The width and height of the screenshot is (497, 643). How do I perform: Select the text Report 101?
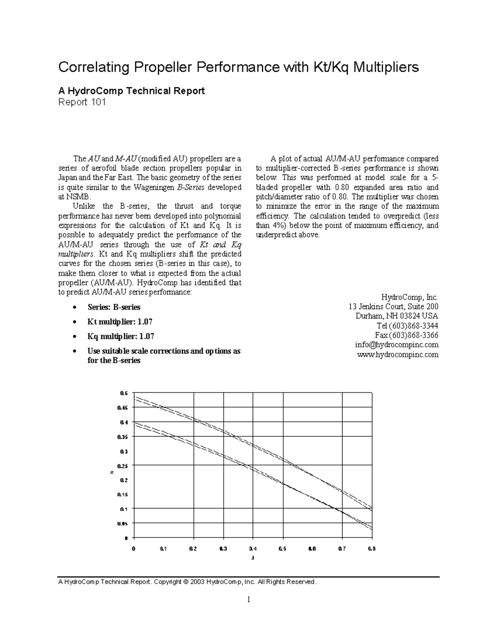point(82,102)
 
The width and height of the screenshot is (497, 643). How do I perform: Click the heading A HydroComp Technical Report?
point(131,91)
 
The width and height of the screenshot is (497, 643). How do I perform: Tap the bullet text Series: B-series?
point(114,307)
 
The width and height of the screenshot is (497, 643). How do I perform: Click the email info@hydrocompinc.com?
point(396,345)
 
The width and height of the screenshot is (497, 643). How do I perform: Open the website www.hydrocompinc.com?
point(398,354)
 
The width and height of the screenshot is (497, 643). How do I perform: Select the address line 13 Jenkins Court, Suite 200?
point(393,307)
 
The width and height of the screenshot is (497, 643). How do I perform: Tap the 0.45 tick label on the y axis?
point(124,407)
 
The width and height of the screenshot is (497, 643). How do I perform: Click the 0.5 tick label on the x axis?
point(282,549)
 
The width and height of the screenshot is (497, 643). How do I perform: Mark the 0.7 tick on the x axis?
point(342,549)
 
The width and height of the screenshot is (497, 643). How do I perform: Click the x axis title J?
point(253,558)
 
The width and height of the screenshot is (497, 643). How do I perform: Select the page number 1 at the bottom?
point(248,600)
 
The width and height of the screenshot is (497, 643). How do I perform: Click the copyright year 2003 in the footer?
point(197,582)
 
